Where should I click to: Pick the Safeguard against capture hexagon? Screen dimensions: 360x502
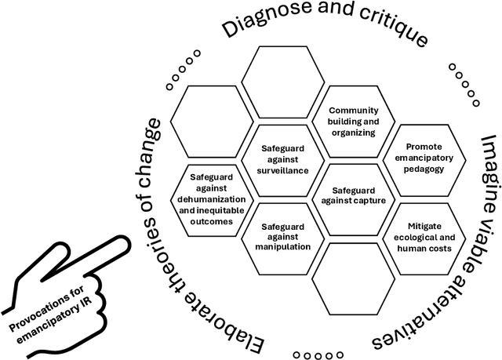coord(353,195)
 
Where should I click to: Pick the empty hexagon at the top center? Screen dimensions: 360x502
coord(282,82)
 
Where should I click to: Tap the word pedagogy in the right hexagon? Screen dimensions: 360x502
coord(424,169)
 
